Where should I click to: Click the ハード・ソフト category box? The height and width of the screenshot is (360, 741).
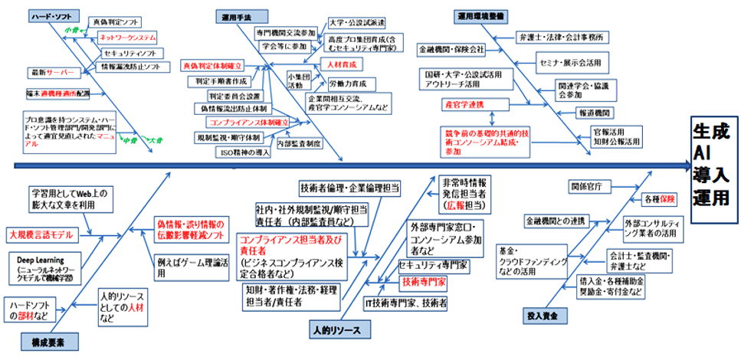[x=48, y=16]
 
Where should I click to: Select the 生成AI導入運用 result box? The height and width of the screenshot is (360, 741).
[x=713, y=166]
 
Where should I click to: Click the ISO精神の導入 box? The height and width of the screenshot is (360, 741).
[x=241, y=152]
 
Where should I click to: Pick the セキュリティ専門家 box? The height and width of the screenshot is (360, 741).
[x=434, y=265]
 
